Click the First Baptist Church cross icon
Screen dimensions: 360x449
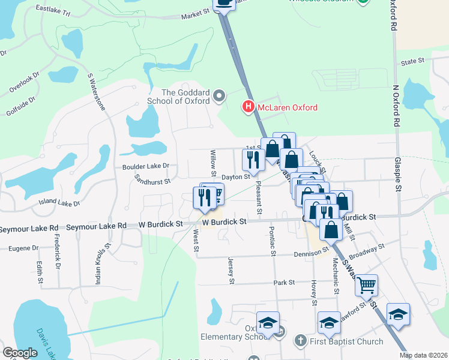tap(300, 341)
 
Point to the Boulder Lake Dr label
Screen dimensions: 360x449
tap(146, 166)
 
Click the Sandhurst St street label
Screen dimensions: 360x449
tap(152, 179)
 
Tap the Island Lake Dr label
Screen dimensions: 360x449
tap(59, 203)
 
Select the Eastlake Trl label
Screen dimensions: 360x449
tap(53, 10)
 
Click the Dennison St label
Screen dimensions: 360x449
tap(310, 253)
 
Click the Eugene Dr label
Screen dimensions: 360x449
tap(23, 248)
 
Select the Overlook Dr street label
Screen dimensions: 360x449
tap(24, 83)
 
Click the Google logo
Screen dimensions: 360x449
tap(20, 353)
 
